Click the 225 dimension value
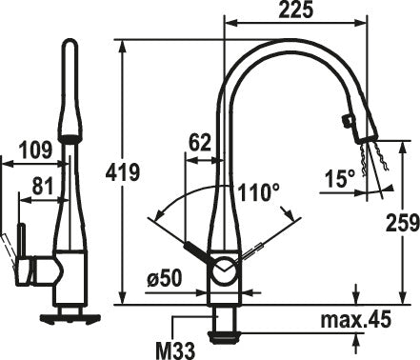(x=296, y=10)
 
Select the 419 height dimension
(x=123, y=172)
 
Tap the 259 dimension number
(x=402, y=222)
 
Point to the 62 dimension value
(x=200, y=143)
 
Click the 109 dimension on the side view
(x=35, y=150)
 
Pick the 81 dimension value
(x=43, y=187)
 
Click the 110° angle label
(x=259, y=192)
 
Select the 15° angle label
(x=340, y=178)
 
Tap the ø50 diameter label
(x=165, y=279)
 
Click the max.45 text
(x=355, y=320)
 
